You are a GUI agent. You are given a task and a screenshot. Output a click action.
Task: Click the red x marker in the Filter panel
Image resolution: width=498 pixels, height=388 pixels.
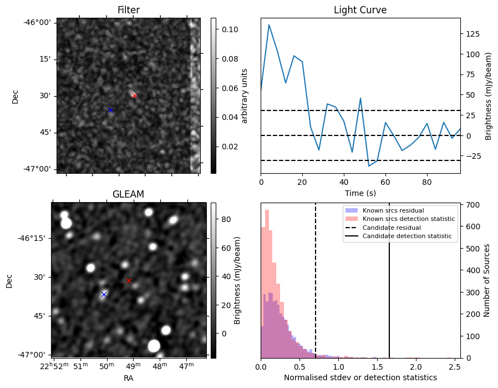click(x=134, y=95)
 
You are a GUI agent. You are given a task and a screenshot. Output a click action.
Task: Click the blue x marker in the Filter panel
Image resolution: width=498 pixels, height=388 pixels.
click(x=110, y=110)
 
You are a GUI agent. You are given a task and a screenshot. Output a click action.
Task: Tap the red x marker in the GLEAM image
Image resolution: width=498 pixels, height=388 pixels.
click(x=129, y=280)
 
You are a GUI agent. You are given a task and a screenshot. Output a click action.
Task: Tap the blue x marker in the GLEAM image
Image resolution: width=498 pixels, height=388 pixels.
click(x=104, y=294)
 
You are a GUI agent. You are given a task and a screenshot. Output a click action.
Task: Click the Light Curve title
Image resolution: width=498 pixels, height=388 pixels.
click(x=360, y=10)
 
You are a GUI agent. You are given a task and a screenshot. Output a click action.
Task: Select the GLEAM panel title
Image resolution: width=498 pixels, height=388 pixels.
click(x=128, y=194)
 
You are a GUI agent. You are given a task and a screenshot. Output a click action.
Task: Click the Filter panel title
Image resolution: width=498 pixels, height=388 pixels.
click(x=128, y=10)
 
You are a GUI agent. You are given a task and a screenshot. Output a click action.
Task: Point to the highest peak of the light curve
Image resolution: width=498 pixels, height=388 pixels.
click(x=269, y=24)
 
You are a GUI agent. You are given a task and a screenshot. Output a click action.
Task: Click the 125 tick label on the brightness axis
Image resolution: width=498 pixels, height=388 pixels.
click(x=473, y=34)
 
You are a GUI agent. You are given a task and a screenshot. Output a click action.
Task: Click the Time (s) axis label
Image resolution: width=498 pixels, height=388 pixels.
click(x=360, y=192)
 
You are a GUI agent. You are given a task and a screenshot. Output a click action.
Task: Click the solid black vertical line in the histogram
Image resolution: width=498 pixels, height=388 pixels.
click(x=389, y=289)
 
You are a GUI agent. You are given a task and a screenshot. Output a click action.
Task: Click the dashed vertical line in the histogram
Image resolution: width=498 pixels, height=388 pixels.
click(x=316, y=289)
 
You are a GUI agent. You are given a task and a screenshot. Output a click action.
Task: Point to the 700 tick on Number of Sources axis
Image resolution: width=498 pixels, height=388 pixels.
click(x=472, y=205)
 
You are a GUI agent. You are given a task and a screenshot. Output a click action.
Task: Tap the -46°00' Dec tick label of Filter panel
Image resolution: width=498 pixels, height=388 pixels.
click(x=40, y=22)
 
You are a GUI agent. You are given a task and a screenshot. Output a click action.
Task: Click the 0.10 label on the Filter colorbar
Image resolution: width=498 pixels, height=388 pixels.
click(x=230, y=29)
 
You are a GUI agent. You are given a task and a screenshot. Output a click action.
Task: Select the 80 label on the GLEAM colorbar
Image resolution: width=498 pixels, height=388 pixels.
click(x=225, y=219)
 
